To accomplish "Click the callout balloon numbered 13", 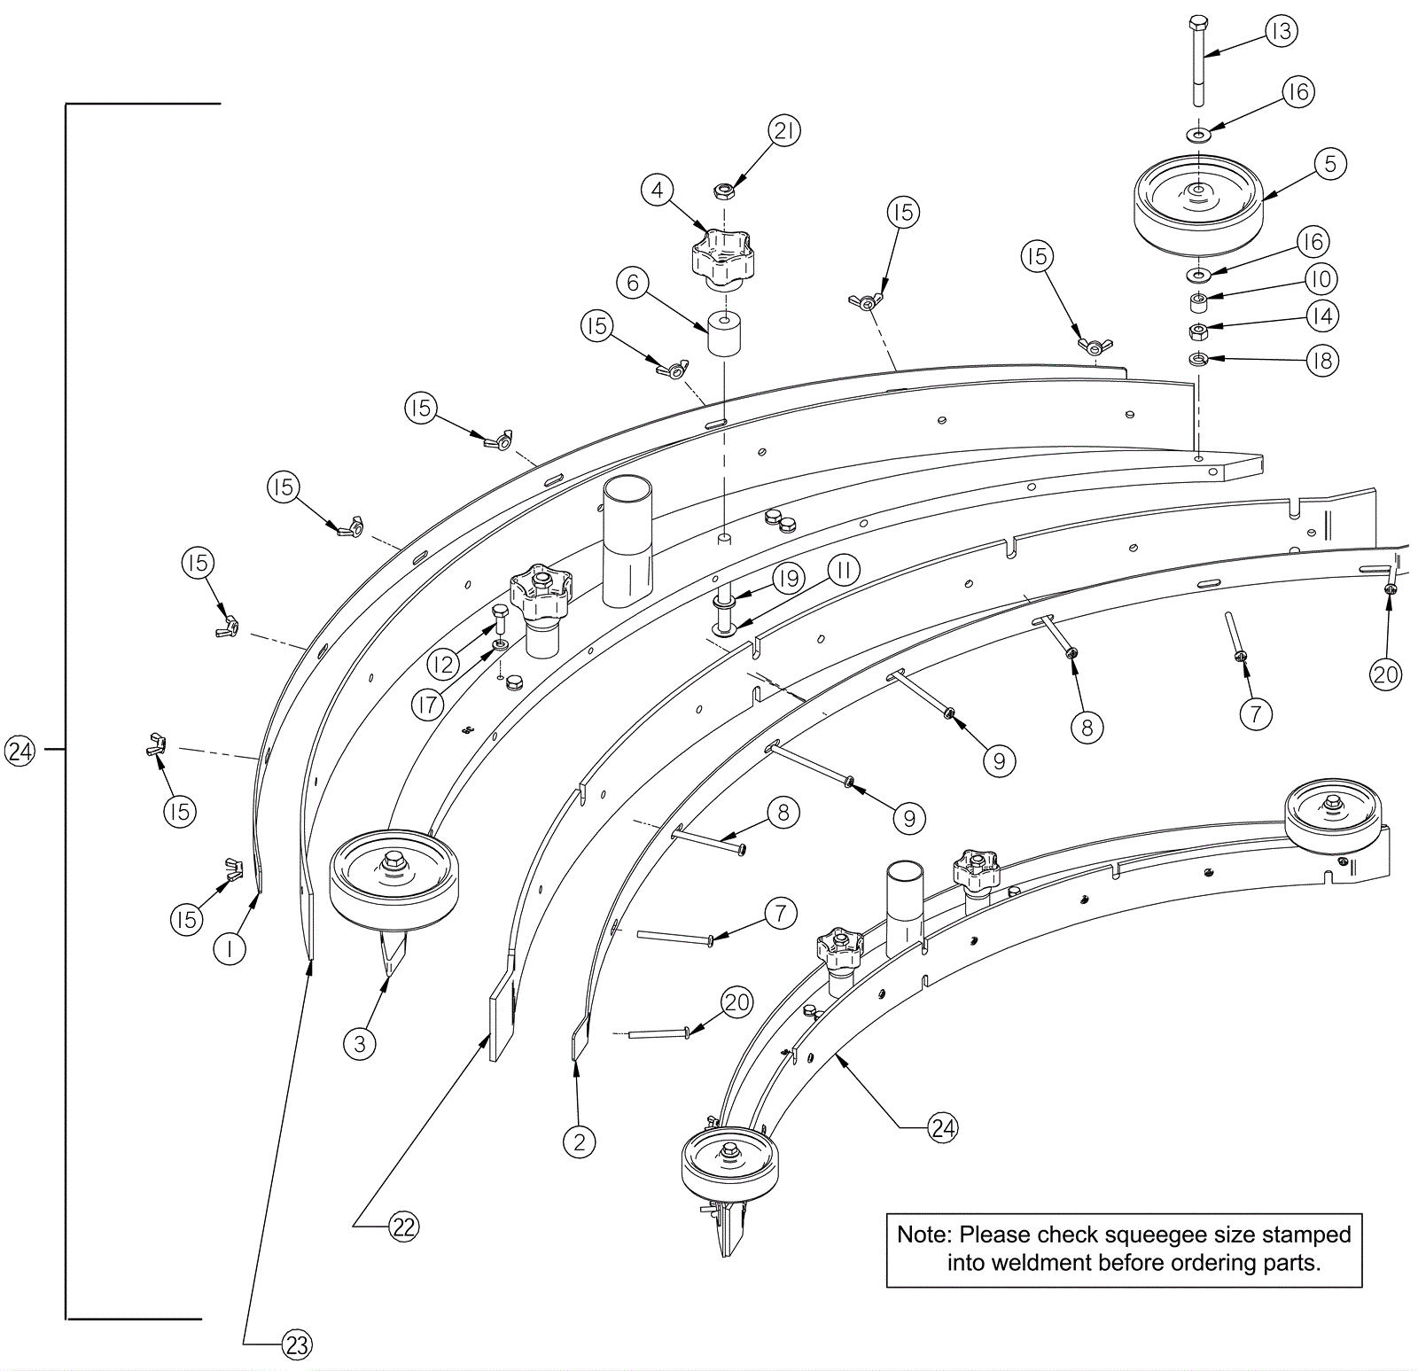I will (x=1281, y=31).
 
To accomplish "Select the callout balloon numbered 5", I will (x=1330, y=164).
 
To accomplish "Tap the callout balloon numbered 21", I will (x=783, y=131).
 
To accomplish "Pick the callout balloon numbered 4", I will (x=657, y=190).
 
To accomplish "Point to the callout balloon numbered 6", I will (x=633, y=283).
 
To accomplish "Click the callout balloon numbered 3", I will (x=359, y=1043).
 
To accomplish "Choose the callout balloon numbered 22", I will (x=403, y=1227).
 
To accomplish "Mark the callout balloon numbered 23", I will (x=297, y=1345).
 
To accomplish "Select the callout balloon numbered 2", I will (x=580, y=1141).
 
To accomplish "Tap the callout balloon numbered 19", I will (x=788, y=579).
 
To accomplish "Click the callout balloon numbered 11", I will (x=844, y=571).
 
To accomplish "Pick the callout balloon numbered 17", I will (x=428, y=705).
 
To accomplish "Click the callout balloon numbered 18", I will (x=1322, y=361).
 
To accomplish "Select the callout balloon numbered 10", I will (x=1321, y=279).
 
